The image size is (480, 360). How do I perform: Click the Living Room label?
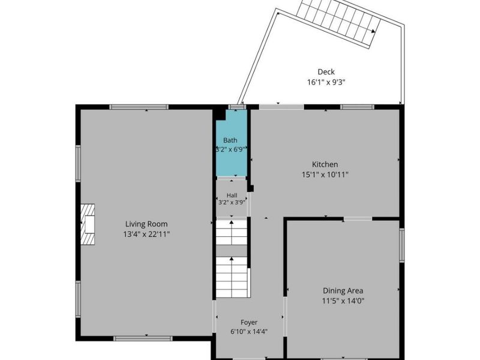pyautogui.click(x=146, y=224)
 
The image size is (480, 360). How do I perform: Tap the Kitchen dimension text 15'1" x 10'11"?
pyautogui.click(x=325, y=175)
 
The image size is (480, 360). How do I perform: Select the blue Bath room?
pyautogui.click(x=232, y=143)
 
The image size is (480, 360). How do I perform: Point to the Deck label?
pyautogui.click(x=326, y=72)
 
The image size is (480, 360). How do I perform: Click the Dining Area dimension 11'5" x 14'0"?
pyautogui.click(x=343, y=301)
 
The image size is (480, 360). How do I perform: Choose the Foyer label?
pyautogui.click(x=249, y=322)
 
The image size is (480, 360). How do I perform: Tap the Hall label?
pyautogui.click(x=232, y=196)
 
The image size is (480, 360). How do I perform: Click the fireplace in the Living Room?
pyautogui.click(x=88, y=224)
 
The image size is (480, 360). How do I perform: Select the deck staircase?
pyautogui.click(x=339, y=22)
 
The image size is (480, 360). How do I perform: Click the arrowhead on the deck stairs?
pyautogui.click(x=373, y=31)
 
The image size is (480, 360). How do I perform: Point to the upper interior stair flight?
pyautogui.click(x=232, y=232)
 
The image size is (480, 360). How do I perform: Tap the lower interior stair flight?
pyautogui.click(x=232, y=277)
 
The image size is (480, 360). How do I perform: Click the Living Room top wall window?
pyautogui.click(x=139, y=107)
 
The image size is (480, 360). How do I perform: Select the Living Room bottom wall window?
pyautogui.click(x=143, y=338)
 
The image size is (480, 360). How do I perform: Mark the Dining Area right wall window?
pyautogui.click(x=401, y=245)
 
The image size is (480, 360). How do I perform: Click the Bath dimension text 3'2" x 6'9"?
pyautogui.click(x=232, y=149)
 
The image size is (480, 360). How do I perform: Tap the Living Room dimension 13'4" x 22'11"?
pyautogui.click(x=146, y=235)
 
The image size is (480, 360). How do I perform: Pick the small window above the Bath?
pyautogui.click(x=238, y=107)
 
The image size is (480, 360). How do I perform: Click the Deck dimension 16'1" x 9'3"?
pyautogui.click(x=326, y=82)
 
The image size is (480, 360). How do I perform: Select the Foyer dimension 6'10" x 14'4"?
pyautogui.click(x=249, y=332)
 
